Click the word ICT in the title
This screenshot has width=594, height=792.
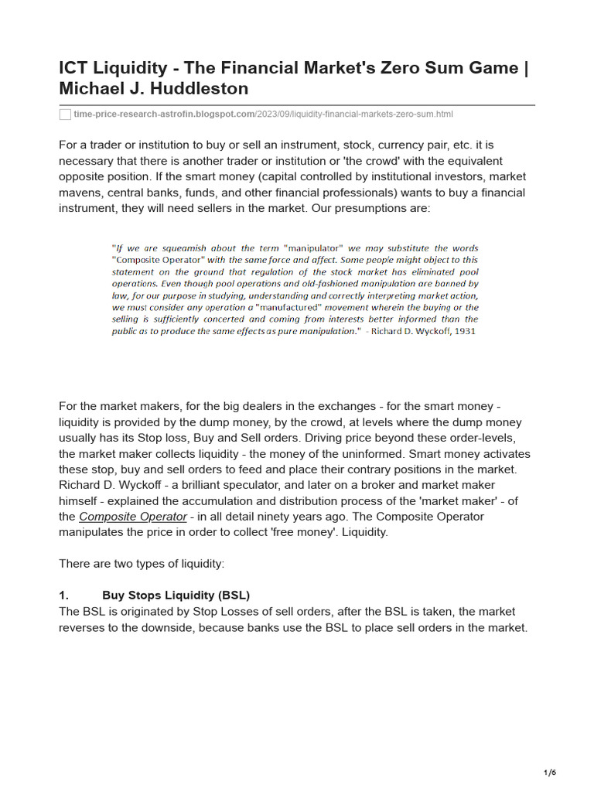point(75,68)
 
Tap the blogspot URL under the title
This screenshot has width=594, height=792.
point(263,114)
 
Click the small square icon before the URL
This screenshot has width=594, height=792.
point(65,114)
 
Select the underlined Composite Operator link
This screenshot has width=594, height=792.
point(132,517)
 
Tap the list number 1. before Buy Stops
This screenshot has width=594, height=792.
point(64,595)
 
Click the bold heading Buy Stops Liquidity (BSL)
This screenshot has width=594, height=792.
point(176,595)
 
